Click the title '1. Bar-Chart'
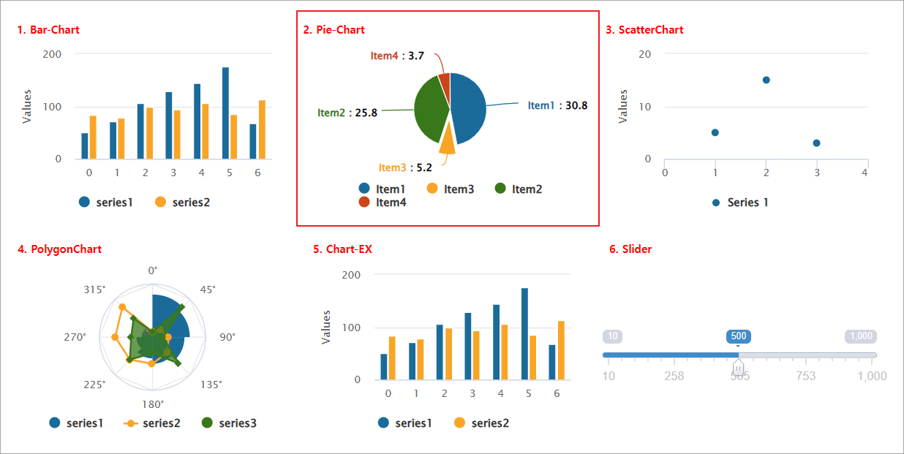click(x=48, y=30)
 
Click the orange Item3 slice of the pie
click(x=447, y=141)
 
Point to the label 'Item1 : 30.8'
click(x=557, y=105)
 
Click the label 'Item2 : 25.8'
click(x=347, y=113)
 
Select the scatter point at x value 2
click(x=766, y=80)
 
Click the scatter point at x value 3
click(x=816, y=143)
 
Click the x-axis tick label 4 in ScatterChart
click(x=865, y=173)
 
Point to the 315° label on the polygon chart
click(x=95, y=290)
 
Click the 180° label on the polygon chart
click(x=152, y=404)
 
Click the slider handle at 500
click(x=739, y=366)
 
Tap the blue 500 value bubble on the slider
click(x=739, y=336)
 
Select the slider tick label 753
click(x=805, y=376)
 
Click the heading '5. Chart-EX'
click(x=342, y=249)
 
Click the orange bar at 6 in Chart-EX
click(x=562, y=350)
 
